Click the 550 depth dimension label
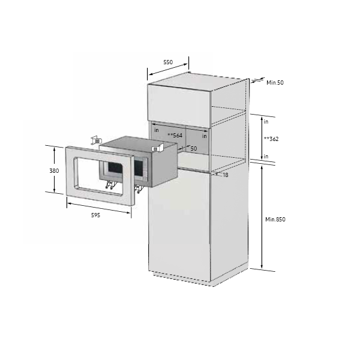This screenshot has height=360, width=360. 168,62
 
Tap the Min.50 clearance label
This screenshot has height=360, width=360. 275,83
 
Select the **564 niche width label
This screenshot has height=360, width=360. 175,136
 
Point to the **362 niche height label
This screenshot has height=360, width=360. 271,139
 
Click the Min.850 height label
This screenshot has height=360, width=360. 275,220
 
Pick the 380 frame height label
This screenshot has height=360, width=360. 54,171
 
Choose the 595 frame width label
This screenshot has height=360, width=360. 96,215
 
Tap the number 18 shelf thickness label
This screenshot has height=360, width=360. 226,175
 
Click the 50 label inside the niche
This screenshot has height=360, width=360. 194,149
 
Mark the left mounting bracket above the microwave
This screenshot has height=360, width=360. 97,140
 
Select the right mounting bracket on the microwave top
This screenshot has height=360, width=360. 158,148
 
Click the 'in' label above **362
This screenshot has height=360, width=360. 266,122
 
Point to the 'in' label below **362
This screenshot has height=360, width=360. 266,157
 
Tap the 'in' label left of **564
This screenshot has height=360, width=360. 157,130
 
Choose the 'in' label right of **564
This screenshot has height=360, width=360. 205,136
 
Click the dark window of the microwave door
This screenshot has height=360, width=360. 115,168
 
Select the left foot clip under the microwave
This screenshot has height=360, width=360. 110,185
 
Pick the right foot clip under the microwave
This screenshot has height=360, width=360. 139,189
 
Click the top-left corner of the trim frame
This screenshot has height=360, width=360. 65,147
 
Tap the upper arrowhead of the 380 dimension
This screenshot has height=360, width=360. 55,149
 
